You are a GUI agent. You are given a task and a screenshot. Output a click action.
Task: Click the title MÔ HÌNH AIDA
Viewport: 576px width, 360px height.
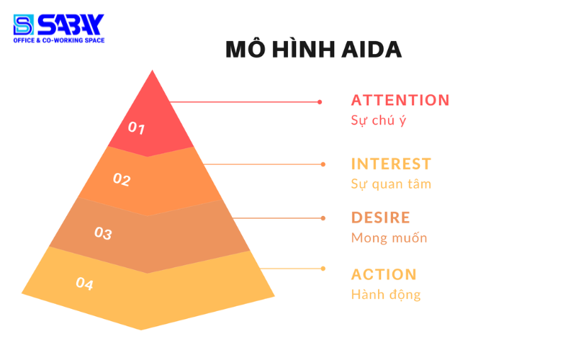[313, 49]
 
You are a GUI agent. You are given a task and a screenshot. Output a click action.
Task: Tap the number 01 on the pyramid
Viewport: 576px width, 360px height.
[137, 128]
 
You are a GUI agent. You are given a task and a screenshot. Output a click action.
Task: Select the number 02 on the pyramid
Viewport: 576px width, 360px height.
[122, 179]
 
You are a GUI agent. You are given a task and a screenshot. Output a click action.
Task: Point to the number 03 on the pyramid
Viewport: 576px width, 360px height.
[104, 233]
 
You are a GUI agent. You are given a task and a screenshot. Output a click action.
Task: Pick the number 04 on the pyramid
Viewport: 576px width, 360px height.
[85, 284]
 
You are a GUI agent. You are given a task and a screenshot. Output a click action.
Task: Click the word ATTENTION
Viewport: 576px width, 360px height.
[400, 100]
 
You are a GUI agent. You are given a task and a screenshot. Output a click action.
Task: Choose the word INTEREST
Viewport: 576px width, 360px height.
[391, 163]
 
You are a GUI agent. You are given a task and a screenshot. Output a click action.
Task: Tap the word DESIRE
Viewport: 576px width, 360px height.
[380, 217]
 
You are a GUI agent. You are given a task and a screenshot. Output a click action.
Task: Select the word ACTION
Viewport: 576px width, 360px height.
[384, 274]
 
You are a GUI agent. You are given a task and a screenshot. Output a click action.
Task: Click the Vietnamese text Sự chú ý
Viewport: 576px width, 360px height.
[378, 120]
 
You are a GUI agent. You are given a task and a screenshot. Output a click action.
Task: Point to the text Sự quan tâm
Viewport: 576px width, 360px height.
[391, 184]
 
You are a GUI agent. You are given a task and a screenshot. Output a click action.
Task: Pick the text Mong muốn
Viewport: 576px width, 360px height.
[389, 238]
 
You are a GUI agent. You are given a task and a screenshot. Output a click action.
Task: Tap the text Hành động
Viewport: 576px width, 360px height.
[386, 294]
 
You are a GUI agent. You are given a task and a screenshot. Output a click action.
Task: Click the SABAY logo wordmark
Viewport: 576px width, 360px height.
[71, 24]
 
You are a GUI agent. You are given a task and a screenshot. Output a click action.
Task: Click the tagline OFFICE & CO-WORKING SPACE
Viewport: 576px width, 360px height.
[59, 40]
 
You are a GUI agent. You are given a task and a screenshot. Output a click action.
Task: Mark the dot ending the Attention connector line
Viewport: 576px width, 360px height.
[320, 102]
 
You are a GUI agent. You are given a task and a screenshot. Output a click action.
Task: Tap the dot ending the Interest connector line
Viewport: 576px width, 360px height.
[323, 164]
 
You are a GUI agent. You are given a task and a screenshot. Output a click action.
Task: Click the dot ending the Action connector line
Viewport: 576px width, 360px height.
[323, 269]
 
